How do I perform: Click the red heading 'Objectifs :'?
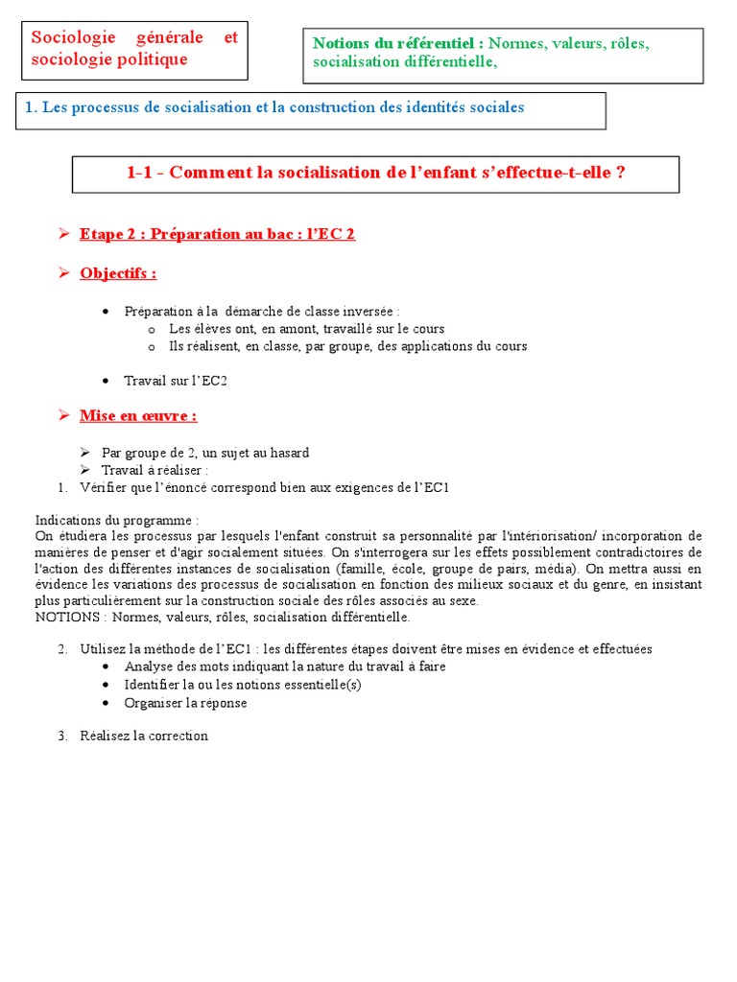[x=118, y=274]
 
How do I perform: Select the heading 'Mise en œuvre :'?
[x=138, y=416]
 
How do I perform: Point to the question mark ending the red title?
[x=621, y=173]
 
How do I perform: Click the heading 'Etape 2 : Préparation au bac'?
[x=192, y=234]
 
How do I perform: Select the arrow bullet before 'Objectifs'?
[x=63, y=273]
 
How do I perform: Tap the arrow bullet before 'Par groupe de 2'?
[x=84, y=453]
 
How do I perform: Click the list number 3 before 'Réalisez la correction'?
[x=61, y=736]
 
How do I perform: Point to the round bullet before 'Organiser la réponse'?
[x=105, y=703]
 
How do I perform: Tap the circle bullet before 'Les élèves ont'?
[x=151, y=329]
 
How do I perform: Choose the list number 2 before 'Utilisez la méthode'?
[x=61, y=649]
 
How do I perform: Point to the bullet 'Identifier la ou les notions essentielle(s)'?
[x=243, y=685]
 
